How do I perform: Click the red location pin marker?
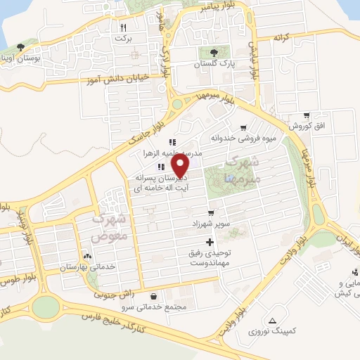181,166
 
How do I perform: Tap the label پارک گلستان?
215,63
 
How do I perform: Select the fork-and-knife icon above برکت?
123,27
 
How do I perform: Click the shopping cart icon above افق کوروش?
307,115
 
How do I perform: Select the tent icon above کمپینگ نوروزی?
273,320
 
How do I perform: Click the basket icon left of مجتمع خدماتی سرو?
154,296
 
